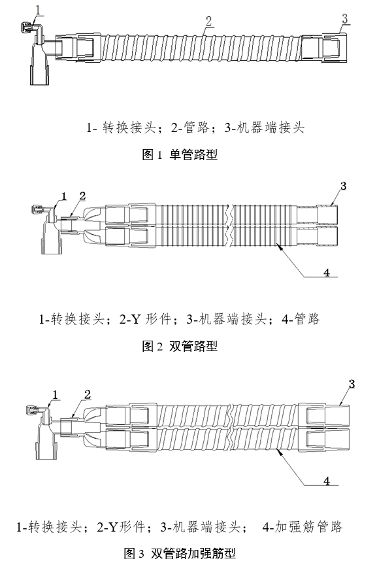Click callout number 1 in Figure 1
(x=39, y=10)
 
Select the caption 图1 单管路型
(x=180, y=155)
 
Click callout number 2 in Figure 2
(x=82, y=195)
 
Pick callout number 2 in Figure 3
(x=86, y=394)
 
